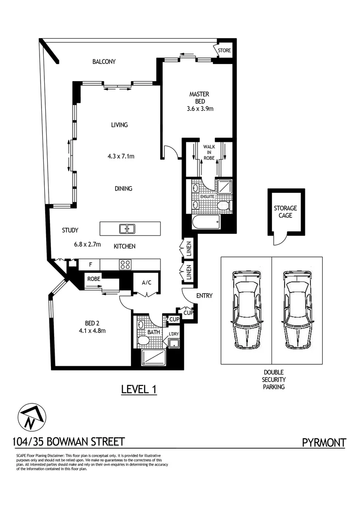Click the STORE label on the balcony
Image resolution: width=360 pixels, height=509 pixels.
click(224, 50)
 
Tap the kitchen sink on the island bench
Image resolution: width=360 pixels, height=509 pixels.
click(127, 229)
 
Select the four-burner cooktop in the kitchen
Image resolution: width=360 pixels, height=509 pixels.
click(125, 264)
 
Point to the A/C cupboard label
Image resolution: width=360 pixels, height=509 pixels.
click(147, 283)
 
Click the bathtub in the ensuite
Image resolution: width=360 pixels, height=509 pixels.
click(206, 222)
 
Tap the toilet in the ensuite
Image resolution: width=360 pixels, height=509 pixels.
click(224, 205)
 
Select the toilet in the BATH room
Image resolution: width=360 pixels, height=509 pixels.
click(143, 341)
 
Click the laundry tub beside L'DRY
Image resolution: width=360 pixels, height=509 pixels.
click(174, 343)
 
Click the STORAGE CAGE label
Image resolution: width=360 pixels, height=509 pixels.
click(285, 212)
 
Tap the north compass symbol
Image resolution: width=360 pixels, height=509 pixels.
click(32, 417)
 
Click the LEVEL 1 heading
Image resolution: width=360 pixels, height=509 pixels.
click(139, 389)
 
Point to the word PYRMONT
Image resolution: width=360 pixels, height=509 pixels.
click(324, 443)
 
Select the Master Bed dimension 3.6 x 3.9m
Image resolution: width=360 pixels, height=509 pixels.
click(200, 109)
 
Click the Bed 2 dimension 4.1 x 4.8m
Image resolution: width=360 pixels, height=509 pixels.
click(92, 331)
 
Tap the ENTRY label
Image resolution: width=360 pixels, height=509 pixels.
click(204, 296)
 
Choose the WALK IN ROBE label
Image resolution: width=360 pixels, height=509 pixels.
click(209, 152)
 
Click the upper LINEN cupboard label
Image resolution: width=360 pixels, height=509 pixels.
click(189, 249)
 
